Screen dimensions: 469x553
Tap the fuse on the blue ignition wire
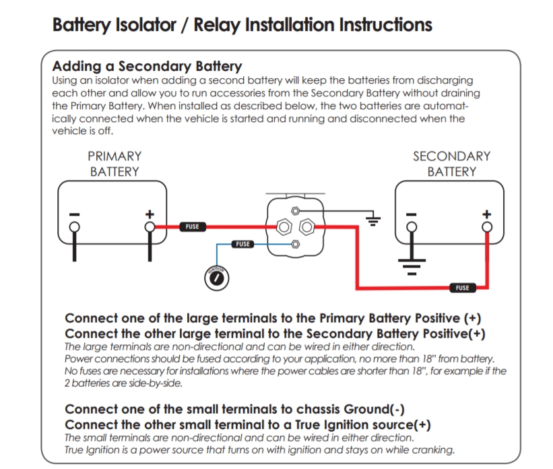(x=243, y=244)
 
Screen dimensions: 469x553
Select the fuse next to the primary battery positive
(x=193, y=226)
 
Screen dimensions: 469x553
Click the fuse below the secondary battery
(x=462, y=288)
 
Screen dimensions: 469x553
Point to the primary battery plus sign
(x=151, y=214)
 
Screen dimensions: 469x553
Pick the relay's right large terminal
(x=306, y=226)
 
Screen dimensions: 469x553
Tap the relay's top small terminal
(x=294, y=211)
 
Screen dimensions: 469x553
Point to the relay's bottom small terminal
(x=294, y=243)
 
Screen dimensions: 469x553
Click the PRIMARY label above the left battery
(x=115, y=156)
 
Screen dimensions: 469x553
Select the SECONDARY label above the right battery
(x=452, y=156)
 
